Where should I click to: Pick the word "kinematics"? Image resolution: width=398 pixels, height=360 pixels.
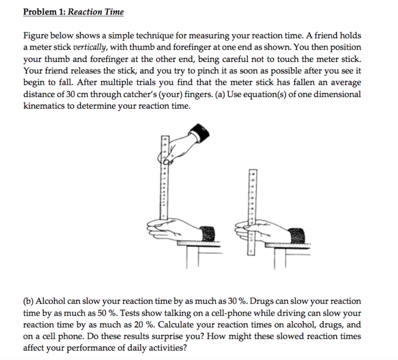coord(42,106)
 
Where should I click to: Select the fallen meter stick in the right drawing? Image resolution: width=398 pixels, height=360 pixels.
coord(252,212)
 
